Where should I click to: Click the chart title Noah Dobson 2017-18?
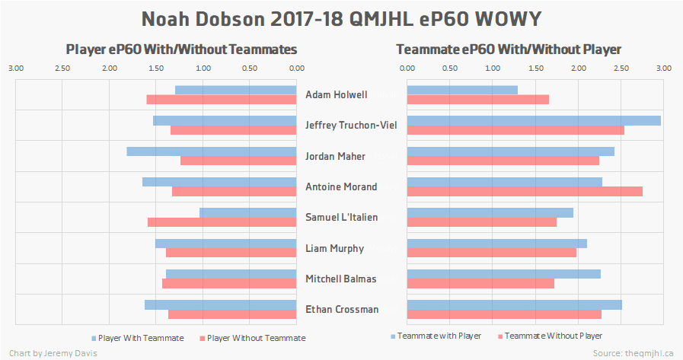coord(341,18)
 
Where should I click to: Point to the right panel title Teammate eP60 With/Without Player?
coord(509,49)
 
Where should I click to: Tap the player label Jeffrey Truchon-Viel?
coord(340,126)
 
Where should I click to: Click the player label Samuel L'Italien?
coord(341,218)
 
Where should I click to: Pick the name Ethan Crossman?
coord(341,310)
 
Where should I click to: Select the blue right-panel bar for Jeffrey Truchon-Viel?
coord(533,120)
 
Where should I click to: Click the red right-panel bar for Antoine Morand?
coord(525,191)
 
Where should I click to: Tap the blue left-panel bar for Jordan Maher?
coord(212,151)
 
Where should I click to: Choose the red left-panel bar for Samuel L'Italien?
coord(222,222)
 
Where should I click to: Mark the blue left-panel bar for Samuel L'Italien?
coord(247,212)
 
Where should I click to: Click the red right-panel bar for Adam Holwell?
coord(477,99)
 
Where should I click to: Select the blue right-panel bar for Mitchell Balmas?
coord(503,273)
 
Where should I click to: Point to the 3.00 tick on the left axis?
coord(16,68)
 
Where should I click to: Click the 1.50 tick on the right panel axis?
coord(535,68)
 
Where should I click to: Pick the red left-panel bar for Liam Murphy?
coord(231,253)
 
